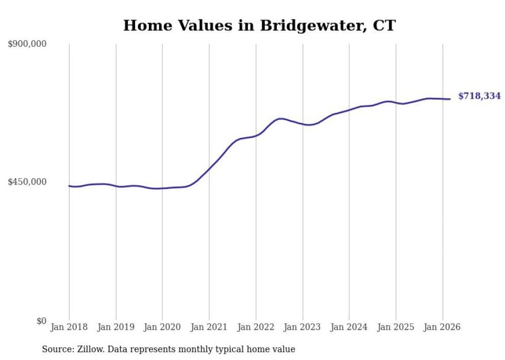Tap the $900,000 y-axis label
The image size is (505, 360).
(27, 44)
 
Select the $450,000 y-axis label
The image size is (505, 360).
(27, 182)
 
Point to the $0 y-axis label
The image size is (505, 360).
(41, 321)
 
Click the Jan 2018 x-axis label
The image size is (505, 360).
(69, 328)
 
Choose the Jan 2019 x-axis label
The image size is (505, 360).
(116, 328)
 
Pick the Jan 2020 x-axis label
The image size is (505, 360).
(162, 328)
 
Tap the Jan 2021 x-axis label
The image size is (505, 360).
(209, 328)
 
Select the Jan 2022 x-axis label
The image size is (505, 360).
(256, 328)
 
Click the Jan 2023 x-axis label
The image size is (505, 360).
(302, 328)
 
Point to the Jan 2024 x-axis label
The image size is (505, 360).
(349, 328)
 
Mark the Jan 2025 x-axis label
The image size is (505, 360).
(396, 328)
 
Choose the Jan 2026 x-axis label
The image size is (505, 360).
(442, 328)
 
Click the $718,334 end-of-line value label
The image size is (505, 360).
(479, 96)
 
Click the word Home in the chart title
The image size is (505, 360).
(146, 25)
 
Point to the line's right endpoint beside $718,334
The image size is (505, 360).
(450, 99)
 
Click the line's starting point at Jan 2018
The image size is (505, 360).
(69, 186)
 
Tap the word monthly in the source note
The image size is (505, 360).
(193, 350)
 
